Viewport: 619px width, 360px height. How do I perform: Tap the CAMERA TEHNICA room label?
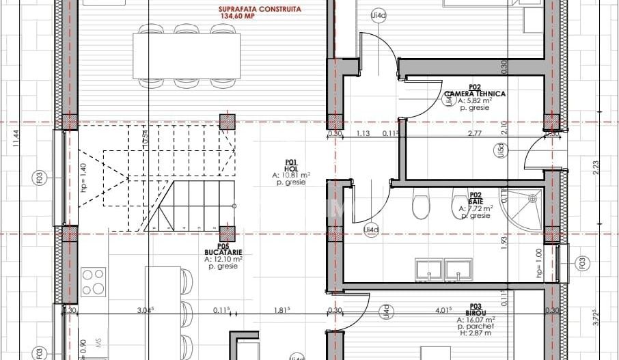[x=475, y=94]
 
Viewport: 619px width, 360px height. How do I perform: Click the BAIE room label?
[x=475, y=201]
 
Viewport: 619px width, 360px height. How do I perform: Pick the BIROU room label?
[x=476, y=312]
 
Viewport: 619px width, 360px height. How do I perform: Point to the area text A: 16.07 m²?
[x=476, y=319]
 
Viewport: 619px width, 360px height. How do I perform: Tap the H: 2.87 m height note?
[x=476, y=333]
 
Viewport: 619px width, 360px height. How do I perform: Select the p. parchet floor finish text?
[x=476, y=327]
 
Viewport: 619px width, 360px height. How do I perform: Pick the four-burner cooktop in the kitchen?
[x=94, y=281]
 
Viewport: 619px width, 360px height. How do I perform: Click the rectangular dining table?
[x=187, y=55]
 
